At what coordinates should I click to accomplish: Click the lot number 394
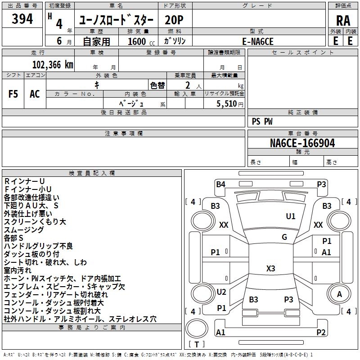coord(22,19)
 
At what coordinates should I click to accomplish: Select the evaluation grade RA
coord(343,21)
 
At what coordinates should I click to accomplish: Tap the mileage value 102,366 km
coord(53,64)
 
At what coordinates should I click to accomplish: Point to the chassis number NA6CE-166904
coord(302,143)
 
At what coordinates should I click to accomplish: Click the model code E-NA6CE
coord(258,41)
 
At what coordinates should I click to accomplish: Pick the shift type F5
coord(13,94)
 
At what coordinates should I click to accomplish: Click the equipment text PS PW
coord(262,121)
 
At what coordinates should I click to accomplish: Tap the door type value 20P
coord(175,20)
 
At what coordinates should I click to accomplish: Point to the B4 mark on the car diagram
coord(220,184)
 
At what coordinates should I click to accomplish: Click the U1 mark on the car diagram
coord(291,216)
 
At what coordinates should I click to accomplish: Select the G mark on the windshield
coord(284,237)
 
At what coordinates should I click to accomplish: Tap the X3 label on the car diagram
coord(270,269)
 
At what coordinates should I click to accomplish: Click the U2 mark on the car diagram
coord(221,292)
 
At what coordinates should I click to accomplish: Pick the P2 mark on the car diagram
coord(321,333)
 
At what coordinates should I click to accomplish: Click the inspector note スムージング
coord(24,229)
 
